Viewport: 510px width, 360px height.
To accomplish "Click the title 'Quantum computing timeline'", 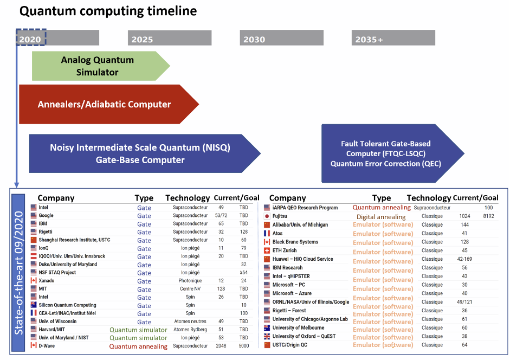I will coord(108,11).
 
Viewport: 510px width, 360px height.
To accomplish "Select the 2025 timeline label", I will coord(142,39).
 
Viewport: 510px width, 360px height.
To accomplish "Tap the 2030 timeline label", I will coord(254,39).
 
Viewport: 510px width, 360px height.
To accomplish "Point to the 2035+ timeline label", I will coord(369,39).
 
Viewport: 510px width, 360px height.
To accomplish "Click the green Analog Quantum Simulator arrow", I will coord(98,66).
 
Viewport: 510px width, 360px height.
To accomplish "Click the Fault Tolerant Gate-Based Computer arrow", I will coord(386,153).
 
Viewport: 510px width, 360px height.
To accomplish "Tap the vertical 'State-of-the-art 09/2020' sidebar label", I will coord(19,269).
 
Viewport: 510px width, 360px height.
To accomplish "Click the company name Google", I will coord(46,216).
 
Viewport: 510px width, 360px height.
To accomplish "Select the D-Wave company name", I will coord(48,346).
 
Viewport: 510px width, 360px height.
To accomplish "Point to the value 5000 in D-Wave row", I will coord(244,346).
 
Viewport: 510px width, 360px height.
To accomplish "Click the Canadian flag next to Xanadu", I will coord(33,281).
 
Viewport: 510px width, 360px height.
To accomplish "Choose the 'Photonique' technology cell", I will coord(190,281).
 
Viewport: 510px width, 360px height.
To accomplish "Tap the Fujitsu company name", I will coord(280,216).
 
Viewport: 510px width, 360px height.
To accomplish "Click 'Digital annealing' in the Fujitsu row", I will coord(380,217).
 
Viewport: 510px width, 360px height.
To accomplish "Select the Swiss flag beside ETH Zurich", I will coord(266,250).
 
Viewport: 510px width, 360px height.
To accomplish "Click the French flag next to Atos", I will coord(266,233).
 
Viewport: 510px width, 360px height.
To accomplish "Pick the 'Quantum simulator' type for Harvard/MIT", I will coord(138,330).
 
